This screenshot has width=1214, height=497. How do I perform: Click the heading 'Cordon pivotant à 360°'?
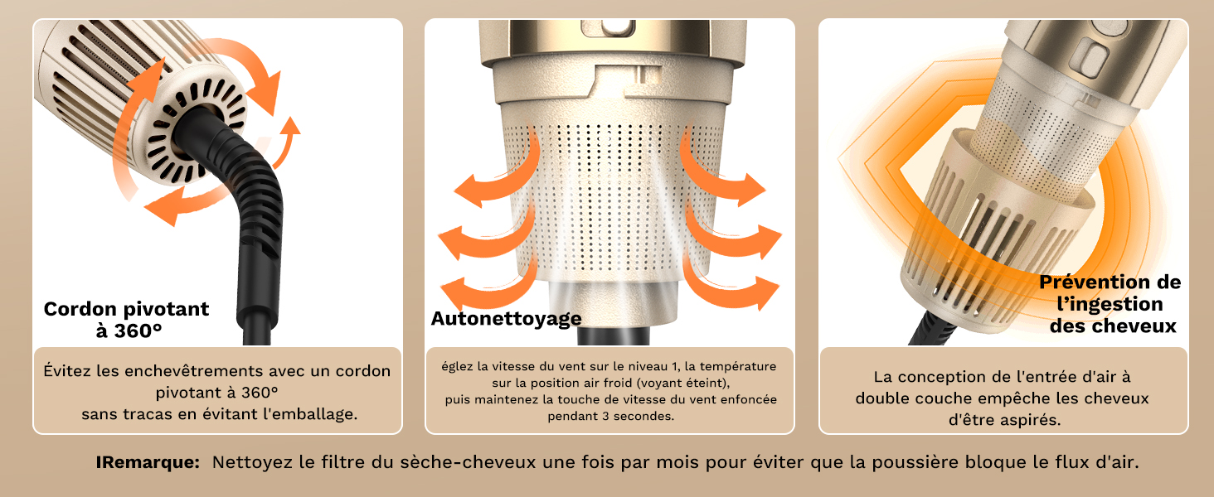(x=126, y=320)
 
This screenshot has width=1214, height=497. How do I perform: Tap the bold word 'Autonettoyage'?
(x=506, y=318)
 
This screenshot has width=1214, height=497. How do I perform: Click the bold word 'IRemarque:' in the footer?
(x=148, y=462)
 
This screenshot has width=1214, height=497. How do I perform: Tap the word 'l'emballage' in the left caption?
(x=313, y=413)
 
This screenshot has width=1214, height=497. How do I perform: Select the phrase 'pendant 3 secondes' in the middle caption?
(x=610, y=416)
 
